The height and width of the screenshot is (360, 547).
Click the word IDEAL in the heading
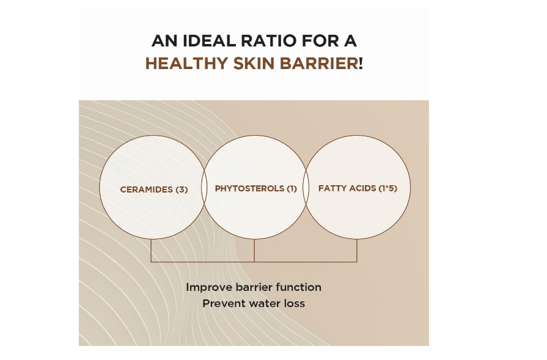209,41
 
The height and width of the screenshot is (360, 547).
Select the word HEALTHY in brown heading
186,64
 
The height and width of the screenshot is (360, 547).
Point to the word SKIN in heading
254,64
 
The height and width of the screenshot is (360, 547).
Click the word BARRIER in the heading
319,64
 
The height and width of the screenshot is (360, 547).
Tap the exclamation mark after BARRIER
361,64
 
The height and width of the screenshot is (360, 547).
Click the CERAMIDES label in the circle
147,189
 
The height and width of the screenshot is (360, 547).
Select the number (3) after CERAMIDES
182,189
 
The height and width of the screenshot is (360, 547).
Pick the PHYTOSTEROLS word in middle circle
249,188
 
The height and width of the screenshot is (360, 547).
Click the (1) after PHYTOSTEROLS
292,188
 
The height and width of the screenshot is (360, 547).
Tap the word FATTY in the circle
330,188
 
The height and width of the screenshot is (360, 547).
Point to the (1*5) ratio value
387,188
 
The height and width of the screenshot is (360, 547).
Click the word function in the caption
299,287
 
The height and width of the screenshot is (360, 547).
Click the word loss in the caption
295,303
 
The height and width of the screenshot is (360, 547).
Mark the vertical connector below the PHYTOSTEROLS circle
254,250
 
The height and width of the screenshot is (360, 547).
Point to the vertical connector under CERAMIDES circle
151,250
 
